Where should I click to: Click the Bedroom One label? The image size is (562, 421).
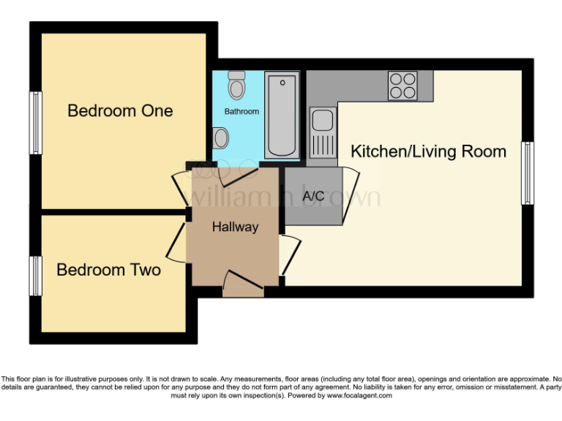pos(120,111)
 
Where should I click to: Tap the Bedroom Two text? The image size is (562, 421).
pos(108,270)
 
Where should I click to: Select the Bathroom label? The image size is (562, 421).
pos(241,112)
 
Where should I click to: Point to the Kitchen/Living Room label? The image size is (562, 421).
pos(428,152)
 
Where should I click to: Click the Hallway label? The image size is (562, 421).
pos(235,227)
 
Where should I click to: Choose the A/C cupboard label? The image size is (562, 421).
pos(313,196)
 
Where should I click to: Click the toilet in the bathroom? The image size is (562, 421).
pos(236,86)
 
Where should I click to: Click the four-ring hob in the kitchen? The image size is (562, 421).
pos(402,85)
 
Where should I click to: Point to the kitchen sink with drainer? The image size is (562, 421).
pos(322,132)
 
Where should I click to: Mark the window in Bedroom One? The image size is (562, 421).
pos(34,123)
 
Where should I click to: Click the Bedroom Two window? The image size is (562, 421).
pos(34,276)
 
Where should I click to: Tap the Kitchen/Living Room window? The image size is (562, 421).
pos(527,173)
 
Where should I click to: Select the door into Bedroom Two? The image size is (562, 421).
pos(177,241)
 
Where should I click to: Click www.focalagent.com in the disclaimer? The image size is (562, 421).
pos(359,395)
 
